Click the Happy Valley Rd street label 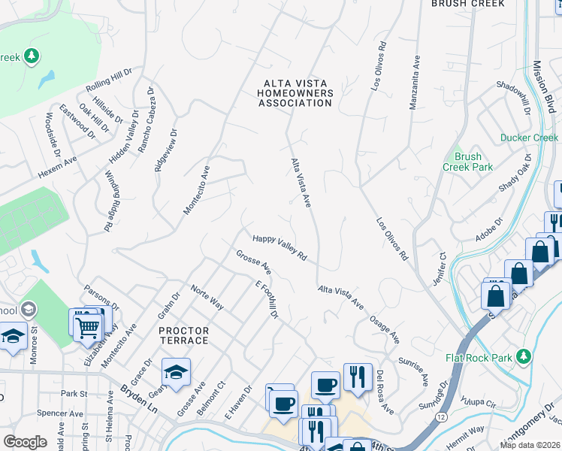point(279,247)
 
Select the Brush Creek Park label point(467,162)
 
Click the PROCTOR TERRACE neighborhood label point(183,335)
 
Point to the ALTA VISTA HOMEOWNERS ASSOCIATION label point(295,92)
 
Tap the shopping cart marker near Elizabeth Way point(88,327)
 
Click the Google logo point(25,442)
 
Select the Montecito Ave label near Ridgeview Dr point(195,188)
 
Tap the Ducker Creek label point(529,138)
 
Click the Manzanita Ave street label point(413,82)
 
